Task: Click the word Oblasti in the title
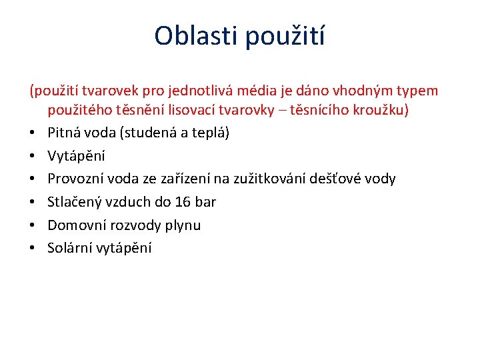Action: pos(195,35)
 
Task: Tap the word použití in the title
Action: pos(285,35)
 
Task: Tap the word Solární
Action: pos(69,248)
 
